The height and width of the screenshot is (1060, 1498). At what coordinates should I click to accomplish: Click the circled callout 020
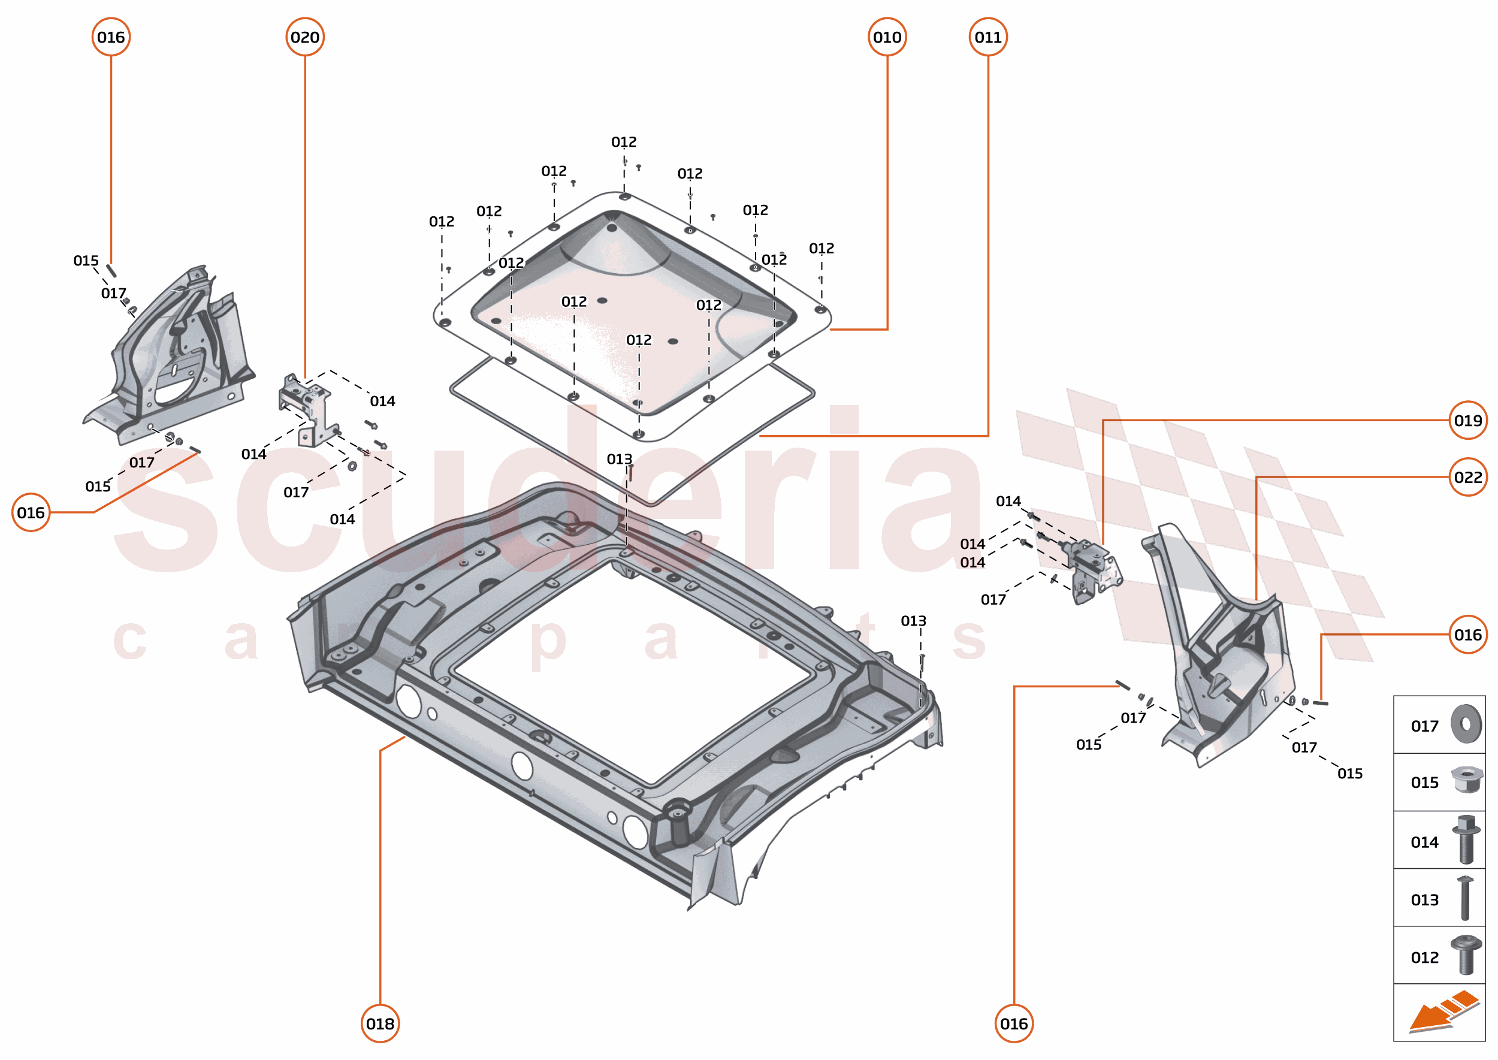coord(305,37)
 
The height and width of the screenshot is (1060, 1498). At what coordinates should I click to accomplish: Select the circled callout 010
coord(887,37)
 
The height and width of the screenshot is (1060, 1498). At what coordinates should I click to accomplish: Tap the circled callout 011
coord(987,37)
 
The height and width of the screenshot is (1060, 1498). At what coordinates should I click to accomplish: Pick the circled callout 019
coord(1467,421)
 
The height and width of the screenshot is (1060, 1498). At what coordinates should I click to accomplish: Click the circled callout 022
coord(1467,477)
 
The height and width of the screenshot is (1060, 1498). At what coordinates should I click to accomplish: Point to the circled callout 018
coord(380,1023)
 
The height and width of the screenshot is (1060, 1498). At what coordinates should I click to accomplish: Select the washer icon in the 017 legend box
coord(1466,724)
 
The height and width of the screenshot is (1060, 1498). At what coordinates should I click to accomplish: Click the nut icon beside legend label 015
coord(1466,780)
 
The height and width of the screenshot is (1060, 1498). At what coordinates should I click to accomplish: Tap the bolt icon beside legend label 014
coord(1466,839)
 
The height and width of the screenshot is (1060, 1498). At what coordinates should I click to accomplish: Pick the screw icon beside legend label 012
coord(1466,955)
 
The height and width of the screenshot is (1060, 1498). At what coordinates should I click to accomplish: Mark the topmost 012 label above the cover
coord(623,141)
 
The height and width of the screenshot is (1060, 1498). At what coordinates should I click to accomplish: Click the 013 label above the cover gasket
coord(619,459)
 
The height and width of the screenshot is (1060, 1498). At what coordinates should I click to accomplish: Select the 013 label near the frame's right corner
coord(913,621)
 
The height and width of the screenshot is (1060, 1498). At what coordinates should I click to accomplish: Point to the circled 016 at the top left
coord(111,37)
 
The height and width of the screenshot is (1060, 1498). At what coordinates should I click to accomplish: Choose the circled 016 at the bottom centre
coord(1014,1023)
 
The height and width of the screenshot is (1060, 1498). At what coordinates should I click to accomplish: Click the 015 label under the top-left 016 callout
coord(86,261)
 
